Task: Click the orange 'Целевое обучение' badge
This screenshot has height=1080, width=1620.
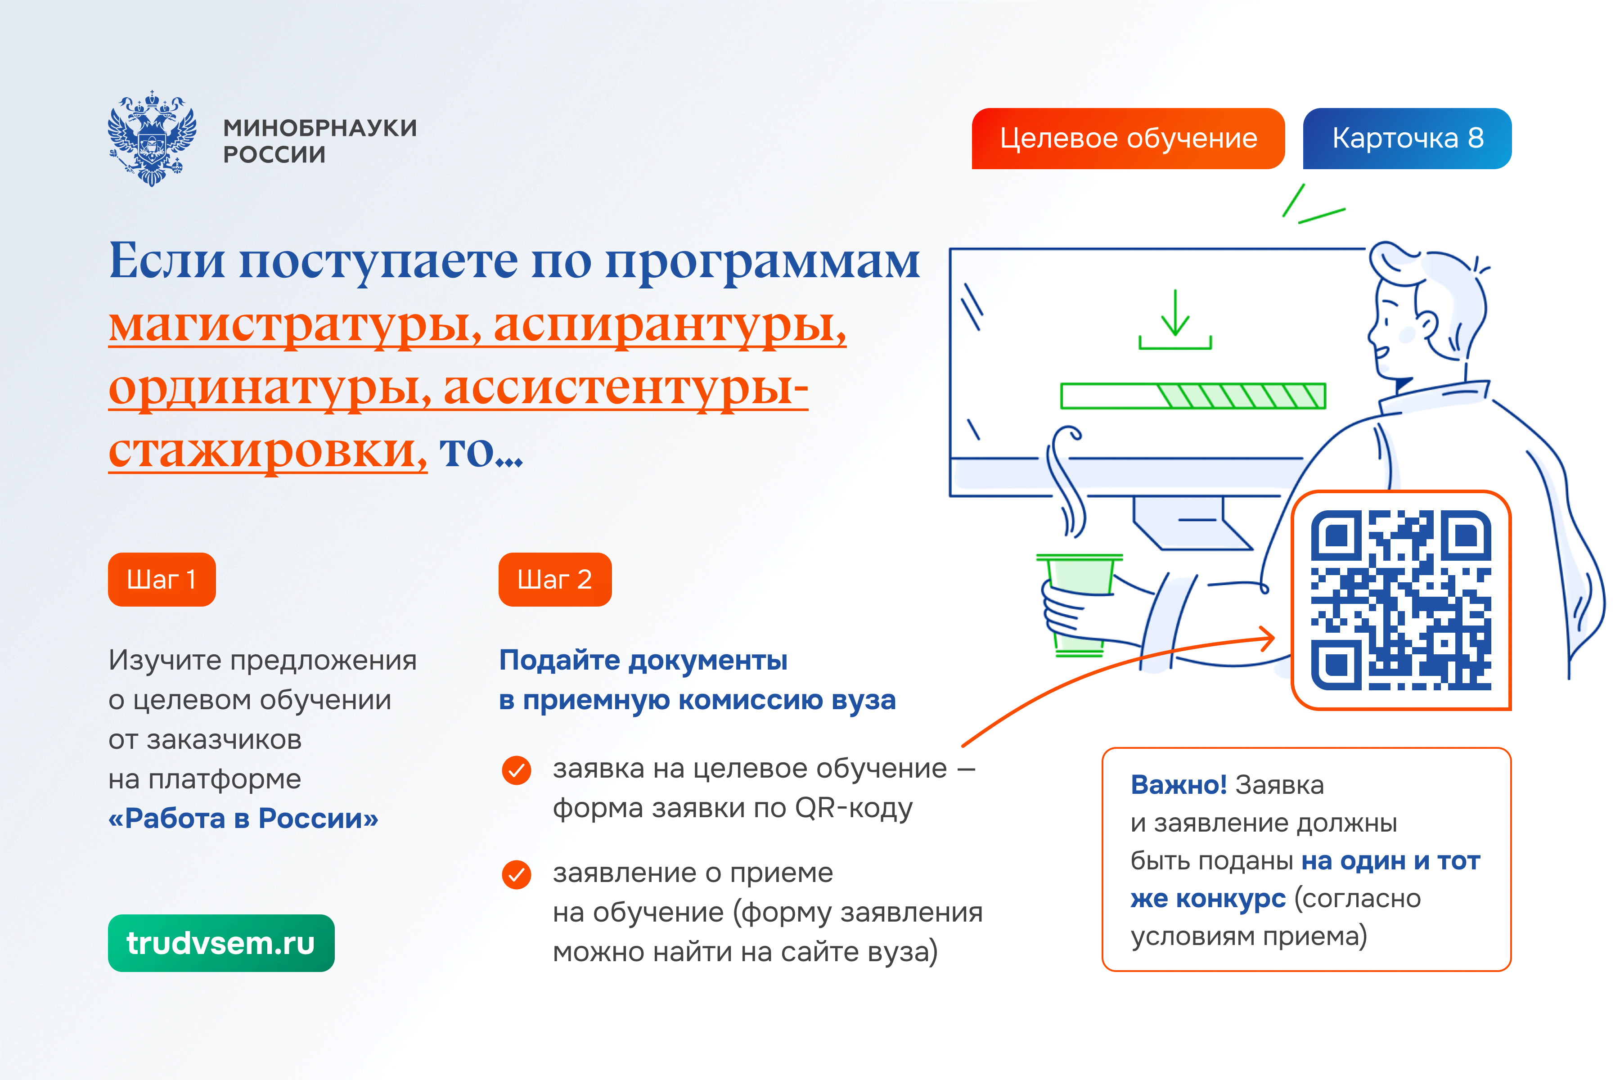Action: pos(1128,139)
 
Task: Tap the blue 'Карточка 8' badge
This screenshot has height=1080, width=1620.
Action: pos(1407,139)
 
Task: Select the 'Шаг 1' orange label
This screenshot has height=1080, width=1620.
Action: pos(162,579)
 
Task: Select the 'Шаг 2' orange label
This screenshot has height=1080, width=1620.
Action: pos(555,579)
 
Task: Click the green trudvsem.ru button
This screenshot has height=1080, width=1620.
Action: pos(221,943)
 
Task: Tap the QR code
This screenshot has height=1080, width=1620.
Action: pos(1401,600)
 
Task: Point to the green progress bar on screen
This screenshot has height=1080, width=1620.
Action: pos(1193,396)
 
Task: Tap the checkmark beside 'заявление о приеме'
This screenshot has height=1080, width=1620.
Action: pos(517,875)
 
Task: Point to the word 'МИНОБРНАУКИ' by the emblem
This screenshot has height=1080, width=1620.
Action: pos(320,128)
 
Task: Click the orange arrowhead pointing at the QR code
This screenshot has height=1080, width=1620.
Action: pos(1266,639)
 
